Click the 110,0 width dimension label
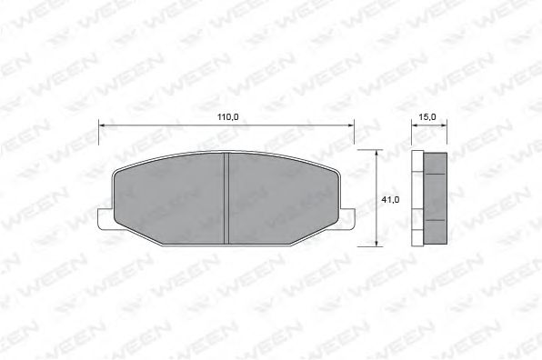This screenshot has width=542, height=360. [227, 117]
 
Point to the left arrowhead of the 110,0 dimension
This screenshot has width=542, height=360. [101, 125]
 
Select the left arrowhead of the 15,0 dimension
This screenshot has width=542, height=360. [414, 125]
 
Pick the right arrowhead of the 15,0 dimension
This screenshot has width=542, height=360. [445, 125]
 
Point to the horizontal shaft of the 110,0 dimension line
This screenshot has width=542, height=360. [164, 125]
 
